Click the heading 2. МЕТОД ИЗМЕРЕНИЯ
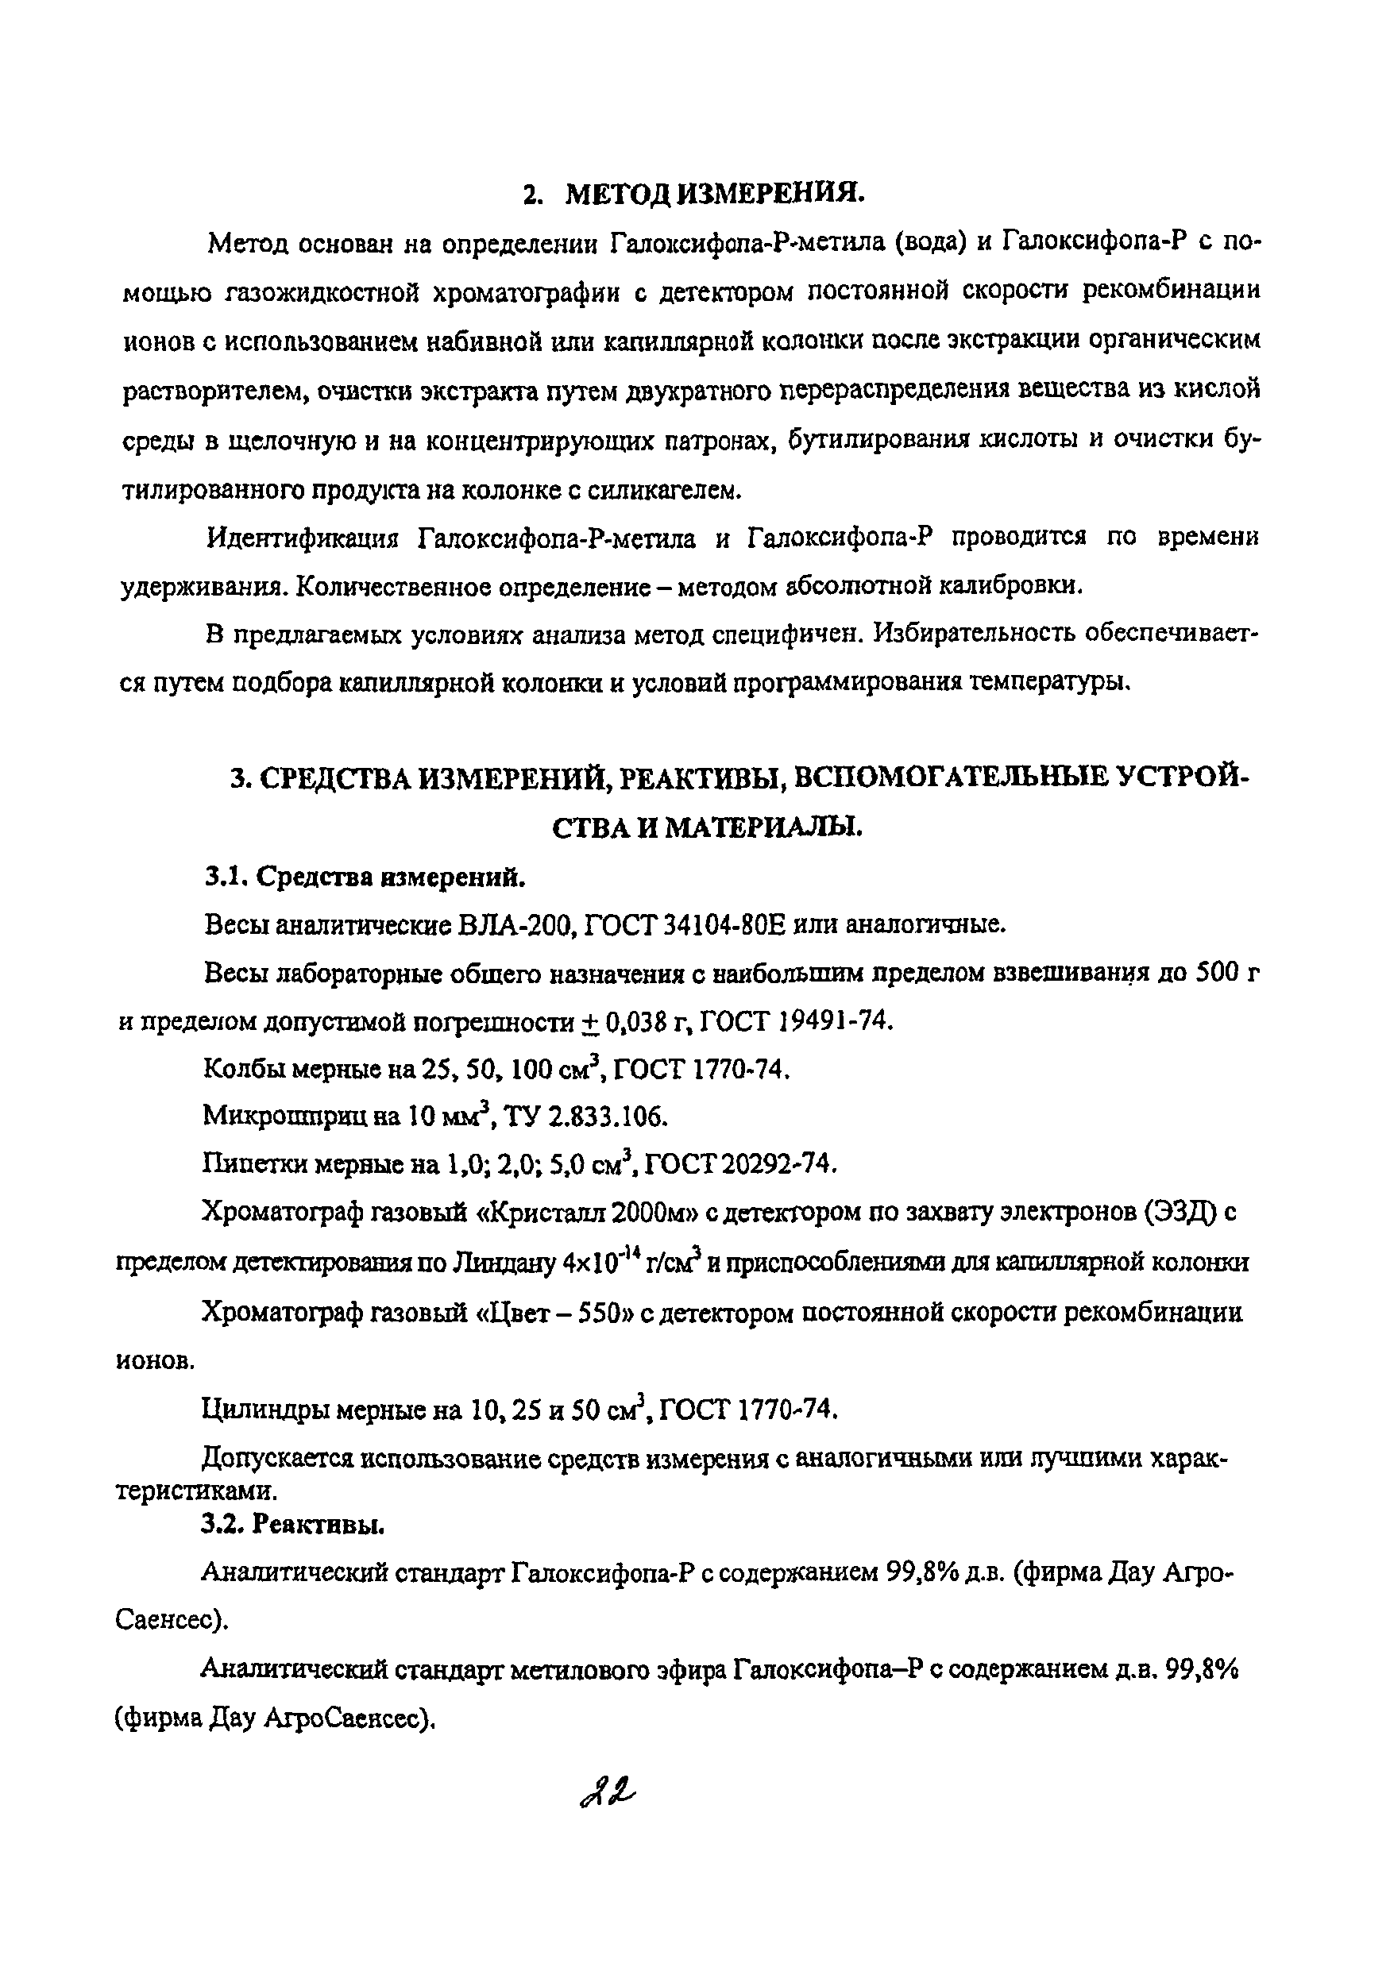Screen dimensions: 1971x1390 point(693,194)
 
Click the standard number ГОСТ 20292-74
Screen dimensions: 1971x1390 point(739,1163)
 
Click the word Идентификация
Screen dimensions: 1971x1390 point(303,538)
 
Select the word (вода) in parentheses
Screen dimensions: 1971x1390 point(930,243)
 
